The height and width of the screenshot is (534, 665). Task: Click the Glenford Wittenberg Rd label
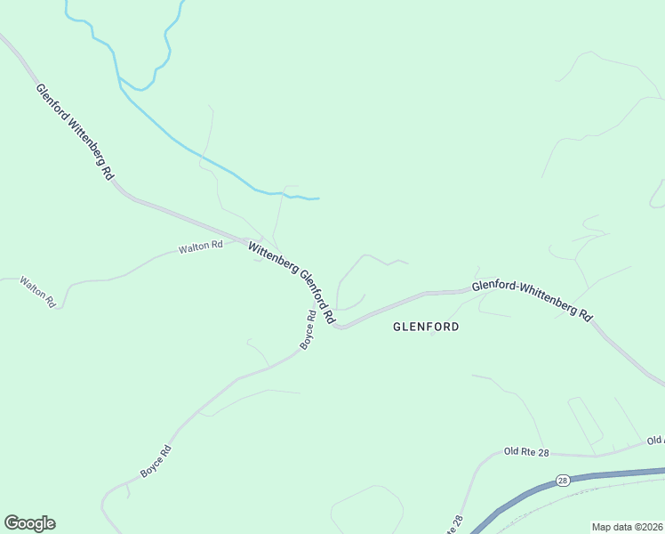75,133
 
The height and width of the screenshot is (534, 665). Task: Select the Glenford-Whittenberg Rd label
532,299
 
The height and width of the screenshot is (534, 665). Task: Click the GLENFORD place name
426,327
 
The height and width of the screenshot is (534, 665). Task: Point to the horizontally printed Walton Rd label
200,247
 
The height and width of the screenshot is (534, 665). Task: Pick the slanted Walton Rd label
38,291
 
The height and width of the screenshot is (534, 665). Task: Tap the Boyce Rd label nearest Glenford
308,329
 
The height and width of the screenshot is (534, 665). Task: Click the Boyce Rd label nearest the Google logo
156,460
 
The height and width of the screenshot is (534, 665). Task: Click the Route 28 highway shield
563,480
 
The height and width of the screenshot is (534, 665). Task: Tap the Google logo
29,523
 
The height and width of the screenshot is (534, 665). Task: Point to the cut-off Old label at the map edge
655,441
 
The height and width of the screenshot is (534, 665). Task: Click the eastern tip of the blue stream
318,198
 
